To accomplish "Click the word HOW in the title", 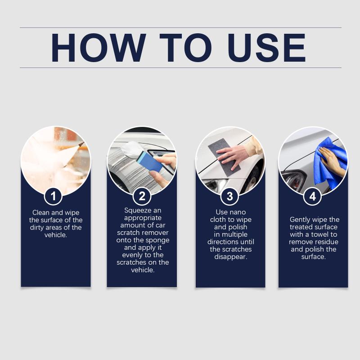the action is point(98,48).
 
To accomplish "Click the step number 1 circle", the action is point(53,196).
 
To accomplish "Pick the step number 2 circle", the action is point(142,196).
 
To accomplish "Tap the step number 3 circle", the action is point(230,196).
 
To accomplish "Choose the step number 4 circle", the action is point(312,196).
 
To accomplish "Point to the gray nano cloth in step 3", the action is point(224,157).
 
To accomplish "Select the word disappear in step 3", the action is point(231,256).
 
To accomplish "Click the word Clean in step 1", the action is point(40,212).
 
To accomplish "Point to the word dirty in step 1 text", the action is point(37,228).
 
